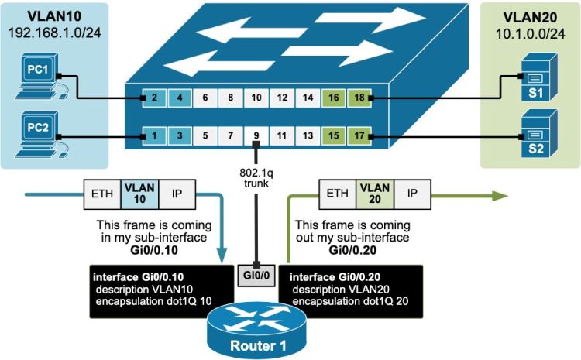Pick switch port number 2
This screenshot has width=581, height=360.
[x=154, y=98]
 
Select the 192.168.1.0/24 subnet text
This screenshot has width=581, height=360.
[x=51, y=34]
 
